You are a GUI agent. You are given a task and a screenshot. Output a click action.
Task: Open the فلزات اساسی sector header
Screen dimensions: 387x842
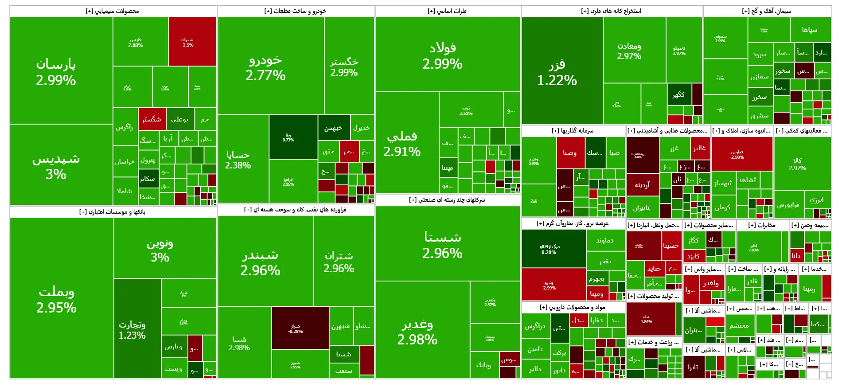point(447,11)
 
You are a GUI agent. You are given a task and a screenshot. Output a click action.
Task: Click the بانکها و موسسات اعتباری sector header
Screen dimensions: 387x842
point(113,212)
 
